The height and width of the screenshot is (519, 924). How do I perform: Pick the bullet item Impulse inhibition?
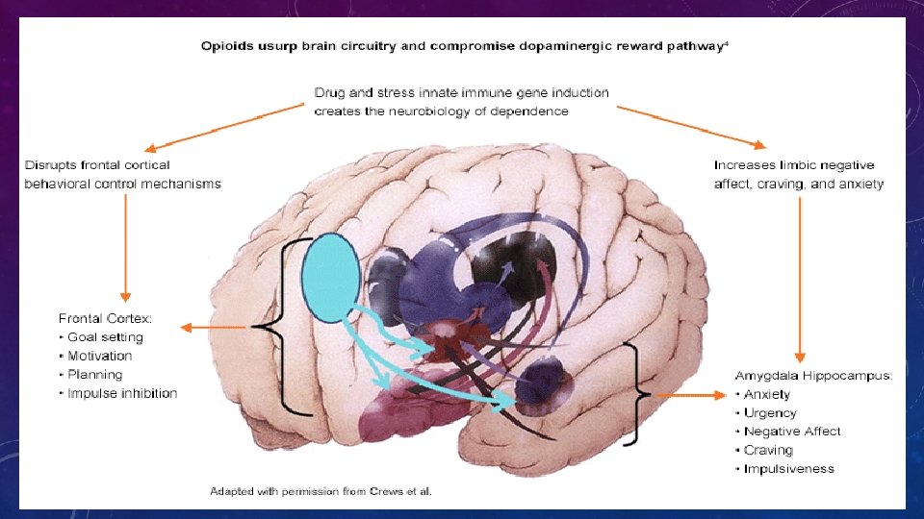coord(122,393)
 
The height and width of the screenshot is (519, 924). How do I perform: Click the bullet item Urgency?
coord(770,413)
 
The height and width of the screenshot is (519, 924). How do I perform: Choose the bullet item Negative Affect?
coord(792,432)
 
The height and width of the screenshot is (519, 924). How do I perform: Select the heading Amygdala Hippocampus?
coord(813,376)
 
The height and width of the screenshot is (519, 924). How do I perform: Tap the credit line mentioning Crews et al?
coord(321,492)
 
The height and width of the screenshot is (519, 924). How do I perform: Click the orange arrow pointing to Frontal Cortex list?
coord(216,329)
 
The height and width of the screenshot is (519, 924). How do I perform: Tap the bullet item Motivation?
coord(101,356)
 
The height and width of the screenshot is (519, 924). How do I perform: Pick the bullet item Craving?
coord(767,450)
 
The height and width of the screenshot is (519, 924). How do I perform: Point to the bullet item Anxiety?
coord(767,394)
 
